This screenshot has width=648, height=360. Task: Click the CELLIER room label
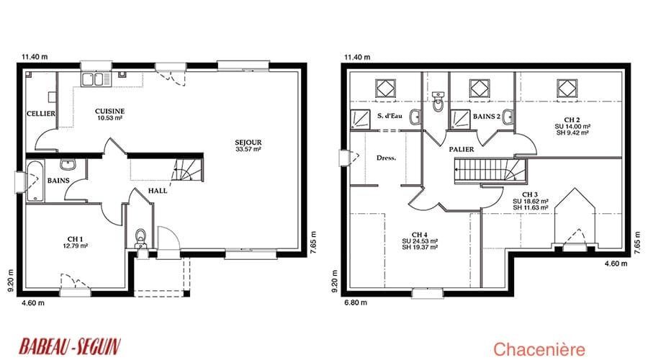[x=41, y=113]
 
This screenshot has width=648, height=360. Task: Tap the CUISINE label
[x=109, y=111]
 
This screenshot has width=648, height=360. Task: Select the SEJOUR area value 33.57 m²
[x=248, y=149]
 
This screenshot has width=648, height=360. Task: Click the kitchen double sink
[x=96, y=79]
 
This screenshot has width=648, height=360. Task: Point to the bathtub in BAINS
[x=35, y=181]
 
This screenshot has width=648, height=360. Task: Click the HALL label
[x=158, y=191]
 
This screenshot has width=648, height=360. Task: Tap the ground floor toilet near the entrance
[x=141, y=238]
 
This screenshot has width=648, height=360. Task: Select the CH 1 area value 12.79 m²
[x=75, y=246]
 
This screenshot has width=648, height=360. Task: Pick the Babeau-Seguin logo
[x=70, y=346]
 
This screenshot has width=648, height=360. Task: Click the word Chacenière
[x=539, y=349]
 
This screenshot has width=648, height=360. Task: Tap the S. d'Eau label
[x=390, y=116]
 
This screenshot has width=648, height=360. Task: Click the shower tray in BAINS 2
[x=459, y=120]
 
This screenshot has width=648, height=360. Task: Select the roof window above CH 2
[x=567, y=89]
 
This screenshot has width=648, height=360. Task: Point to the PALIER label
[x=462, y=149]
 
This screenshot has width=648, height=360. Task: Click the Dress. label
[x=386, y=158]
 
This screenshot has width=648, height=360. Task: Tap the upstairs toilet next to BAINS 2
[x=438, y=102]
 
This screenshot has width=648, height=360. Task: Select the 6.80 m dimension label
[x=356, y=302]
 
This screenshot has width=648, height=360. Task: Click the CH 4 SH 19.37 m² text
[x=420, y=248]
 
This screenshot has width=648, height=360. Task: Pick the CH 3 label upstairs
[x=530, y=194]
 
